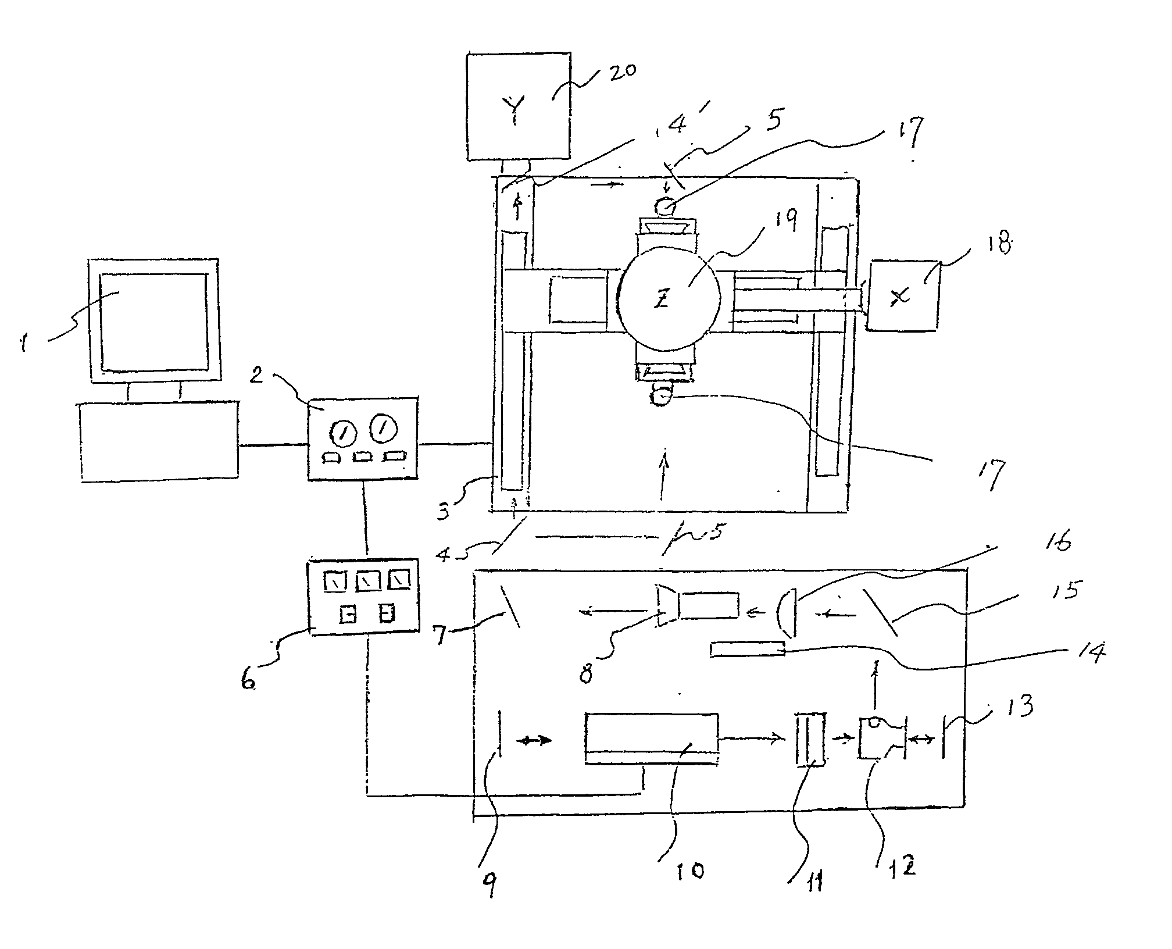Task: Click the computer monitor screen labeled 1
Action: (153, 322)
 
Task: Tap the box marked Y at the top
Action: (518, 106)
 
